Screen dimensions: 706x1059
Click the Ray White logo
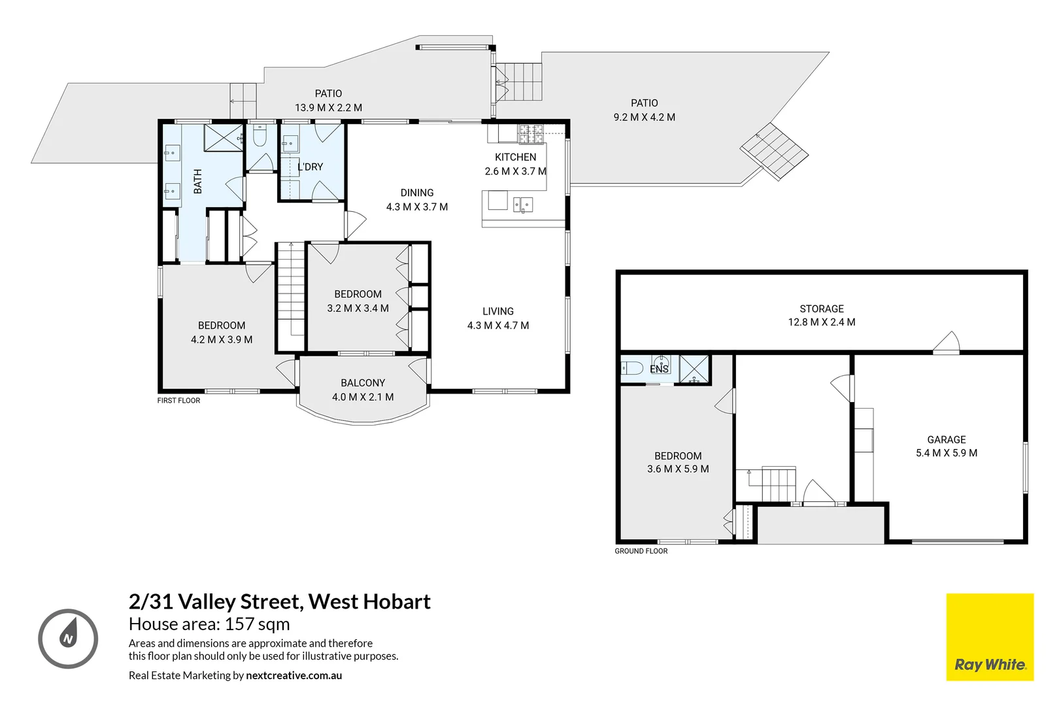[x=990, y=637]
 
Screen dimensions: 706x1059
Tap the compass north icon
[x=68, y=639]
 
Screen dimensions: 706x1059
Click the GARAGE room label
[x=946, y=446]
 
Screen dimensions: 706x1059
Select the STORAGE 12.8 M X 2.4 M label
[x=822, y=315]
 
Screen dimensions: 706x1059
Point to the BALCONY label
[x=363, y=390]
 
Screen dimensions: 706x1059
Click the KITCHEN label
[x=515, y=164]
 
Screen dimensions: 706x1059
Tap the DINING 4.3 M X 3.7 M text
[x=417, y=200]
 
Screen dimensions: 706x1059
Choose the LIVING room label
[x=498, y=318]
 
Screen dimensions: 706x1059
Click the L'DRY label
[x=311, y=167]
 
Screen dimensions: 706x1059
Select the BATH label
[x=197, y=181]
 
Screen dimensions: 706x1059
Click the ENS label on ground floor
[x=659, y=369]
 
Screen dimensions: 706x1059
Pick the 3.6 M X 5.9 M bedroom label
[x=678, y=463]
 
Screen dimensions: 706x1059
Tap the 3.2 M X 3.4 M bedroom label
[x=358, y=301]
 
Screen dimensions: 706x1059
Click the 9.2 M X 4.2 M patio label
[x=644, y=110]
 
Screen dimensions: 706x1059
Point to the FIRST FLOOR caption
[x=178, y=401]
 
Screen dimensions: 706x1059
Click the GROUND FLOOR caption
[x=641, y=551]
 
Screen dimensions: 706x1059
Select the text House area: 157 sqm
[x=209, y=624]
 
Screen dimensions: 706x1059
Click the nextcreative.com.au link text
[x=294, y=675]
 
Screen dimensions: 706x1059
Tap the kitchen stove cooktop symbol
[x=531, y=133]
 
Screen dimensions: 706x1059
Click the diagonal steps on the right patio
[x=775, y=151]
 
